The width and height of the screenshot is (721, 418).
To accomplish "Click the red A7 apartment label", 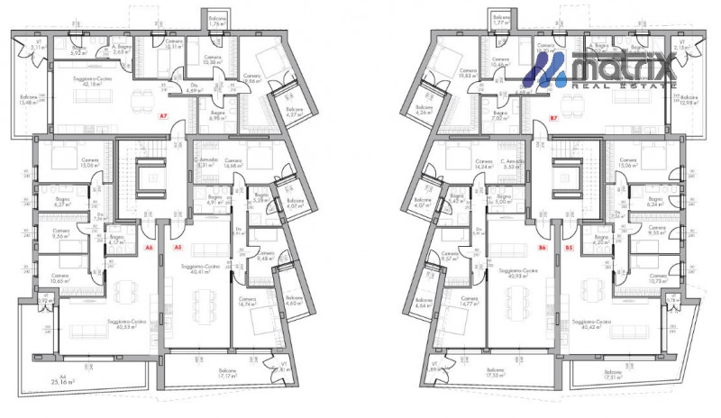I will tap(163, 116).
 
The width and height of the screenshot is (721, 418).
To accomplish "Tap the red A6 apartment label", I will tap(151, 247).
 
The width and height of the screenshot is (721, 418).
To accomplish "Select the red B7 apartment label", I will tap(553, 117).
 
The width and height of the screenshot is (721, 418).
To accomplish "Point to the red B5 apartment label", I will tap(569, 247).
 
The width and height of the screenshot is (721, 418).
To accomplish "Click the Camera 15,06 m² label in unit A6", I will tap(61, 164).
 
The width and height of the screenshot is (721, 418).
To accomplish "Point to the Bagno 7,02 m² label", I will tap(500, 115).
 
